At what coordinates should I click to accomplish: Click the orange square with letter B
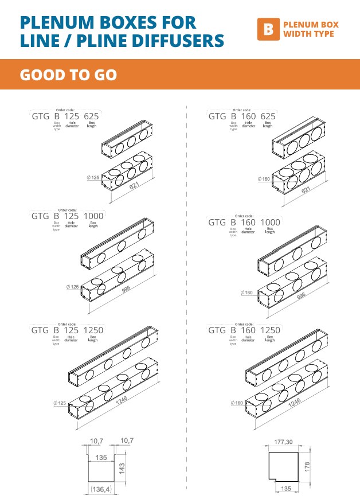[x=267, y=29]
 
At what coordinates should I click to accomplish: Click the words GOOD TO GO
[x=68, y=75]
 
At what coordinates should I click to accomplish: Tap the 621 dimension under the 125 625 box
[x=134, y=186]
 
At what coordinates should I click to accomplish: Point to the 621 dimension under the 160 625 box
[x=306, y=189]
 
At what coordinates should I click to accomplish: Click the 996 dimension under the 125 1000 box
[x=126, y=290]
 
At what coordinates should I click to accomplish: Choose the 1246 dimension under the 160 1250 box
[x=295, y=403]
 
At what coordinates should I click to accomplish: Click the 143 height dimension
[x=122, y=467]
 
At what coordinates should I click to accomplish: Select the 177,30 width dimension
[x=284, y=442]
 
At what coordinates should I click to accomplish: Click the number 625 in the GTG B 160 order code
[x=268, y=116]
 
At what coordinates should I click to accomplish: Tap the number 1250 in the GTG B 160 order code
[x=271, y=330]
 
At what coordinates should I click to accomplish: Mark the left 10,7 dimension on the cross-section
[x=96, y=440]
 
